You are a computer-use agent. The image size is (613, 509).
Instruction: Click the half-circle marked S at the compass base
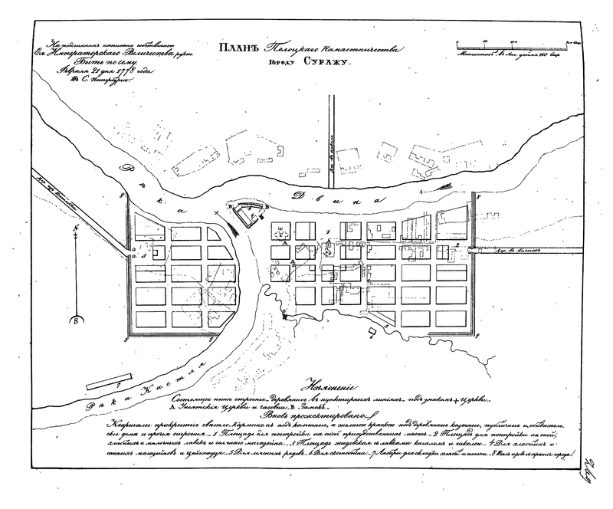coord(75,320)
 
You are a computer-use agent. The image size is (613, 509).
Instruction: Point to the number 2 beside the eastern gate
coord(457,244)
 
